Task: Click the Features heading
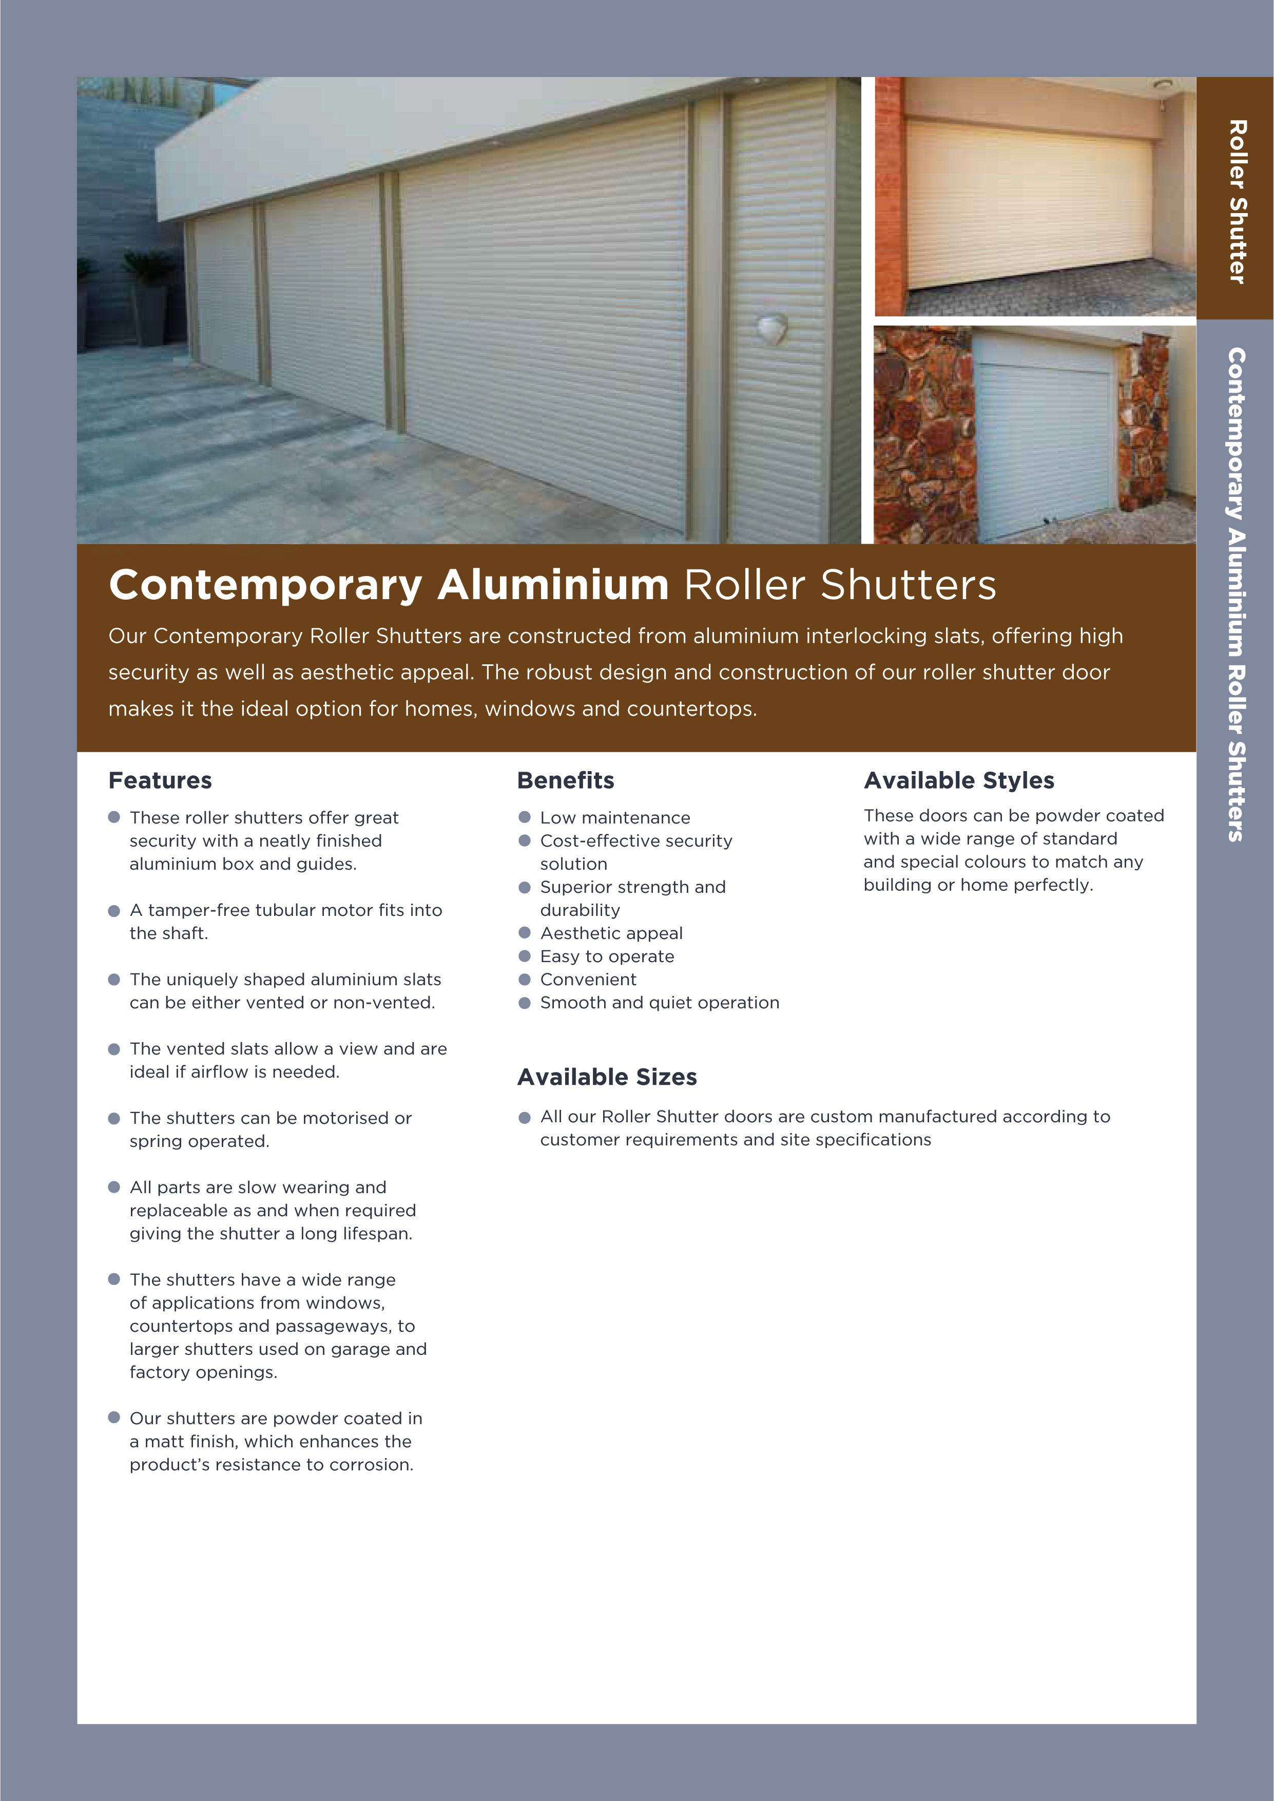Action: (x=160, y=780)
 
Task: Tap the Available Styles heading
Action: (x=959, y=780)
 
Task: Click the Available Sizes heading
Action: (x=606, y=1077)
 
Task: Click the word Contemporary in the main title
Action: (x=266, y=586)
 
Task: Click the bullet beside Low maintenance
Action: (x=525, y=817)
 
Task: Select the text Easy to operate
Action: (x=606, y=956)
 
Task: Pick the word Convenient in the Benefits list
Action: (x=588, y=980)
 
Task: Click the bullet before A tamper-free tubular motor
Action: (x=114, y=911)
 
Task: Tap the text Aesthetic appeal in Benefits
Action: (x=611, y=933)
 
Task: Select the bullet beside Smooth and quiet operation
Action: (x=525, y=1003)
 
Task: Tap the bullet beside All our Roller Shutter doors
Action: (x=525, y=1117)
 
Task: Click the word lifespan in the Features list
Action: (x=381, y=1234)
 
